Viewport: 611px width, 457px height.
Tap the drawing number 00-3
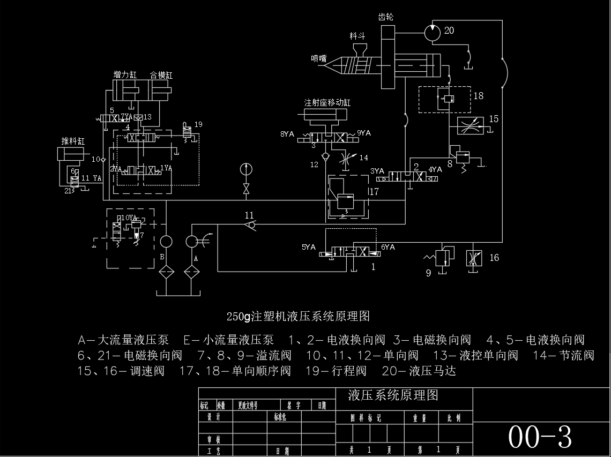coord(540,437)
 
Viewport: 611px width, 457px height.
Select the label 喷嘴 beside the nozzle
coord(318,58)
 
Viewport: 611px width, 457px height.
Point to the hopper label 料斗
coord(357,36)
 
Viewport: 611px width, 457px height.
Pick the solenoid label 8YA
coord(288,133)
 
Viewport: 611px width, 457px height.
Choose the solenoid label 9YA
coord(364,133)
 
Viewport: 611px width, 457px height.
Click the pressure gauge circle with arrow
coord(246,169)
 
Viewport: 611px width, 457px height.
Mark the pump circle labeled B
coord(166,242)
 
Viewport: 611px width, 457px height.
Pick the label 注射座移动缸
coord(327,102)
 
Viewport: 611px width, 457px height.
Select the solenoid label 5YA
coord(309,248)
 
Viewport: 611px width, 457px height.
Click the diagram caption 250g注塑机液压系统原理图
coord(298,316)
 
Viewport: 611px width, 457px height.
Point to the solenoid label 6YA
coord(388,248)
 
